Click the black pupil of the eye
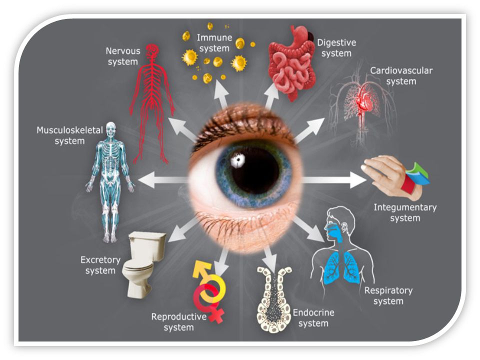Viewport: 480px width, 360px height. click(x=252, y=170)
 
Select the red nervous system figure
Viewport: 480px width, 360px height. click(x=151, y=100)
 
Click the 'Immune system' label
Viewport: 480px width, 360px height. click(x=213, y=43)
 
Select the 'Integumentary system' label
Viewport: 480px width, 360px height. click(x=405, y=212)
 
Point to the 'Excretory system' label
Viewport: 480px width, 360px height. click(x=100, y=265)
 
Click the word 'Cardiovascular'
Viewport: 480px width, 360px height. click(x=401, y=70)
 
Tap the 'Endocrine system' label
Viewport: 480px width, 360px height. click(x=313, y=318)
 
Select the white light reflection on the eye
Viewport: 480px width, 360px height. click(x=237, y=160)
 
